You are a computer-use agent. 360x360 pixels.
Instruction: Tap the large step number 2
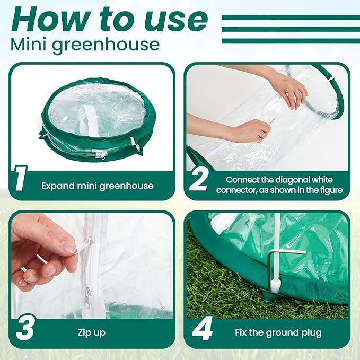[x=199, y=180]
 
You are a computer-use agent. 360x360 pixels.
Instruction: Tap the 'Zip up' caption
[x=92, y=332]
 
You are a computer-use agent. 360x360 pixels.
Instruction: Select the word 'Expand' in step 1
[x=58, y=186]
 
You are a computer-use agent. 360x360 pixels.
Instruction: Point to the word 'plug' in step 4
[x=312, y=332]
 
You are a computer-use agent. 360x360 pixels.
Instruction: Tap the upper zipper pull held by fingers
[x=84, y=245]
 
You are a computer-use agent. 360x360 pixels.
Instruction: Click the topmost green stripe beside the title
[x=291, y=17]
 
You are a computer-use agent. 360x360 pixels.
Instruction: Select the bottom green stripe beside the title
[x=291, y=41]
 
